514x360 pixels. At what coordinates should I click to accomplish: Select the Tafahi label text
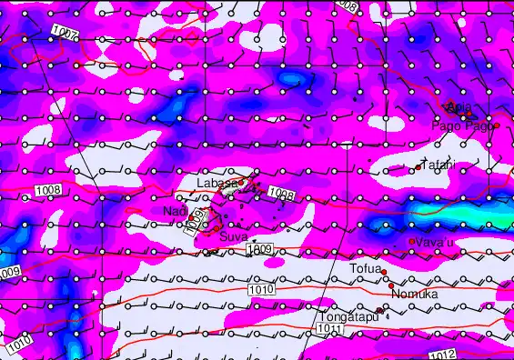438,165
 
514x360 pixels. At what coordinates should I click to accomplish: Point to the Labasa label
218,183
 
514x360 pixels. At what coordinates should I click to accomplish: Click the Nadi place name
174,211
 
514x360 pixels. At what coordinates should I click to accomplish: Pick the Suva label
233,236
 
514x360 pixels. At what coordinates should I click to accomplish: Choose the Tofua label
366,268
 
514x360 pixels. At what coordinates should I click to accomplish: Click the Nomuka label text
414,295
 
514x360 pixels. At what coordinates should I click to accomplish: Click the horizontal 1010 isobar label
259,289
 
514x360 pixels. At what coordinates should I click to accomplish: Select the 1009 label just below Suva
259,249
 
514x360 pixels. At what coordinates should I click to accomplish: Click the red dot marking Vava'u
412,241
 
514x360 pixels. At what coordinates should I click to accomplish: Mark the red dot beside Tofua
384,272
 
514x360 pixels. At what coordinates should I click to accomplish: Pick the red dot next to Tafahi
418,167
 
